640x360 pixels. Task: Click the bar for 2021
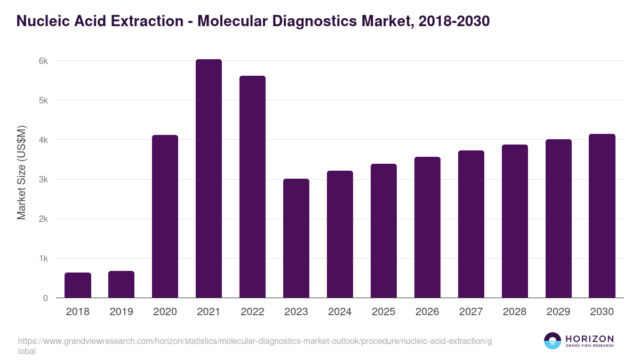pyautogui.click(x=209, y=179)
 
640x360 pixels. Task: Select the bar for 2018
pyautogui.click(x=78, y=285)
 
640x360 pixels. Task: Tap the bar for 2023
pyautogui.click(x=296, y=238)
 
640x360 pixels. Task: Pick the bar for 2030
pyautogui.click(x=602, y=216)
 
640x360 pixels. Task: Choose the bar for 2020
pyautogui.click(x=165, y=217)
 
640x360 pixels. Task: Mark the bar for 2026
pyautogui.click(x=427, y=227)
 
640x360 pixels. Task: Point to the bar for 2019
pyautogui.click(x=122, y=284)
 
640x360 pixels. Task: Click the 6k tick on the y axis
pyautogui.click(x=43, y=61)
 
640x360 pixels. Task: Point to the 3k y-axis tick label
pyautogui.click(x=43, y=180)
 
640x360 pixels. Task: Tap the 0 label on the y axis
pyautogui.click(x=45, y=298)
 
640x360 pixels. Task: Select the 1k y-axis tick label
pyautogui.click(x=43, y=259)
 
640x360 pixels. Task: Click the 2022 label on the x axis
pyautogui.click(x=252, y=312)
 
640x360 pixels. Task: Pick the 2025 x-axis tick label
pyautogui.click(x=383, y=312)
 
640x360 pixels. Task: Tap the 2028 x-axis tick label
pyautogui.click(x=515, y=312)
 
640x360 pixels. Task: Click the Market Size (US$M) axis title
pyautogui.click(x=21, y=172)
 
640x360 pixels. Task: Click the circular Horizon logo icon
pyautogui.click(x=553, y=341)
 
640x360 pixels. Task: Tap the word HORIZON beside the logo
pyautogui.click(x=589, y=339)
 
